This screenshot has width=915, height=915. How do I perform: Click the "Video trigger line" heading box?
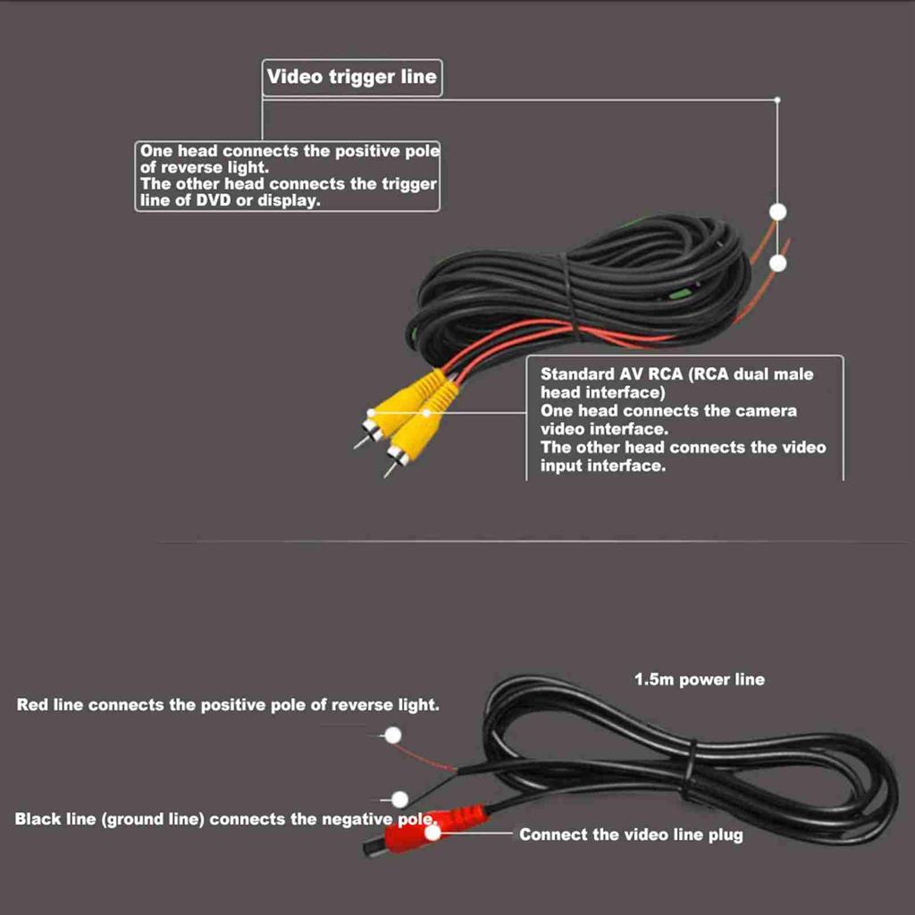352,77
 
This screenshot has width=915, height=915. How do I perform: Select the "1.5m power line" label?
699,679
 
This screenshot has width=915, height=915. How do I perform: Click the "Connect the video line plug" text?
631,835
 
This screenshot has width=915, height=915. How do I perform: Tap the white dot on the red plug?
434,834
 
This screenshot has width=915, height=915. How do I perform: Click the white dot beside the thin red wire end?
391,735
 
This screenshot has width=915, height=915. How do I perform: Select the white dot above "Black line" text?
399,799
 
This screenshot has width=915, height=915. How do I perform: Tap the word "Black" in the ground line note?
38,818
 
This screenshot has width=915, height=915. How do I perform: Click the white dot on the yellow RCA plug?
426,413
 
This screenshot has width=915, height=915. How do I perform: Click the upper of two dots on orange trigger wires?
778,212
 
